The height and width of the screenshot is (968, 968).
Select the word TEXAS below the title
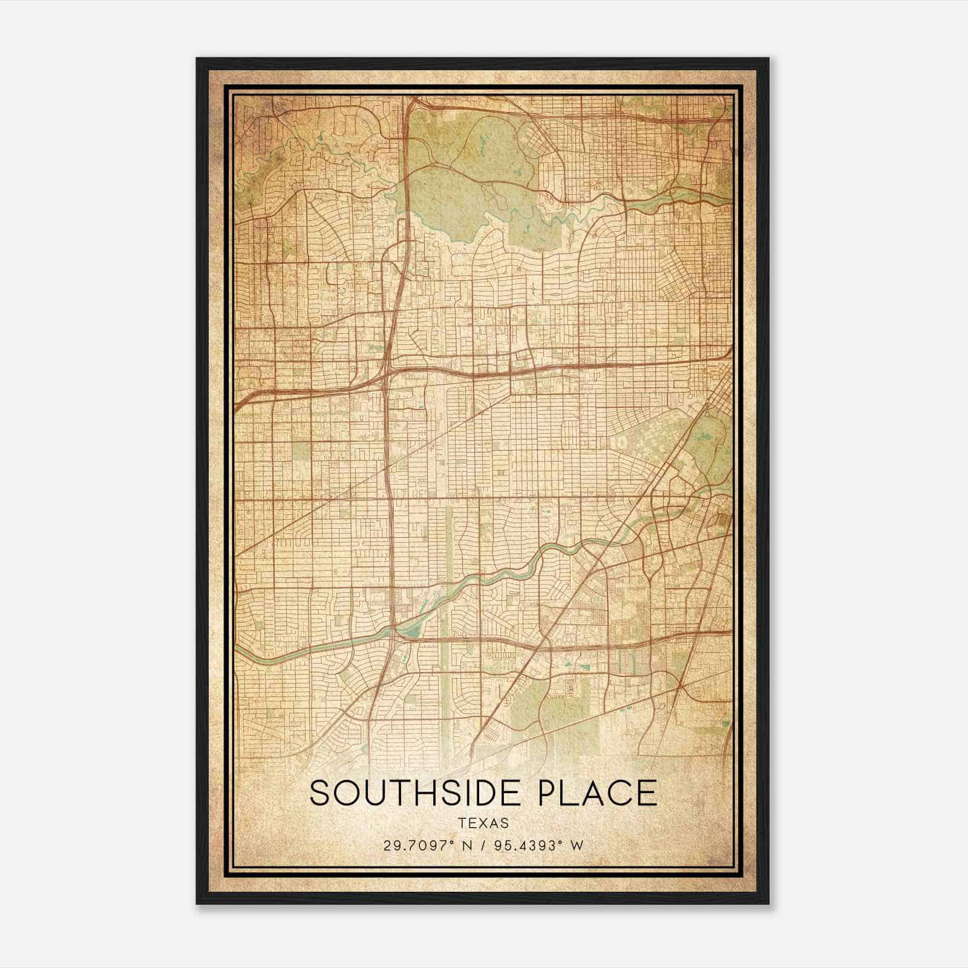tap(483, 823)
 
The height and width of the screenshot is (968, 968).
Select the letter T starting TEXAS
tap(462, 823)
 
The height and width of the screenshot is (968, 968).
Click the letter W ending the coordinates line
tap(577, 846)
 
